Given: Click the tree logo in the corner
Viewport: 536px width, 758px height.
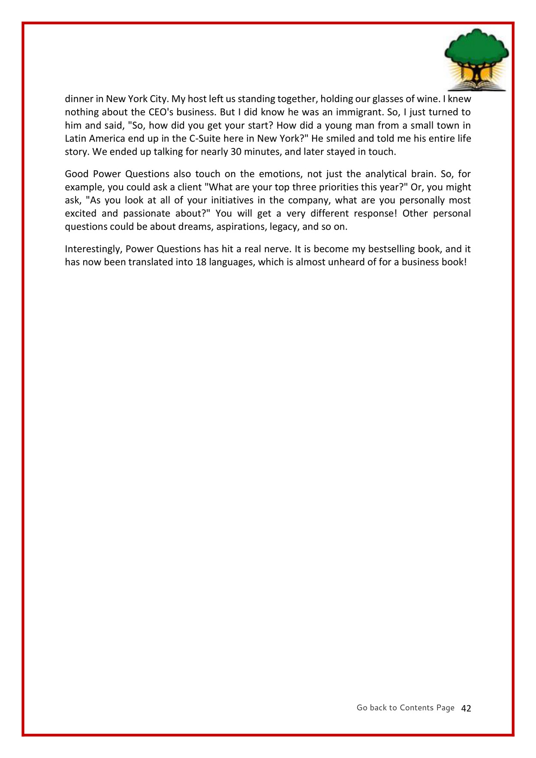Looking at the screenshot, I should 476,60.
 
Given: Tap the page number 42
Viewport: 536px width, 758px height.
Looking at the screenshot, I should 466,708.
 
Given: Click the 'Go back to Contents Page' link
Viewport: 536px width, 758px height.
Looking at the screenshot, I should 405,708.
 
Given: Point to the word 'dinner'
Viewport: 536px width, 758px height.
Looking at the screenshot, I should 79,99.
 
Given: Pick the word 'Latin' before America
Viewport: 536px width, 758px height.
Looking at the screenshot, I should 75,139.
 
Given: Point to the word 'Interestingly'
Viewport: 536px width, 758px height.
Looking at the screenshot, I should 93,249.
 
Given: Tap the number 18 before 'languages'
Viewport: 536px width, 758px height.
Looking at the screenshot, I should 201,262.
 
